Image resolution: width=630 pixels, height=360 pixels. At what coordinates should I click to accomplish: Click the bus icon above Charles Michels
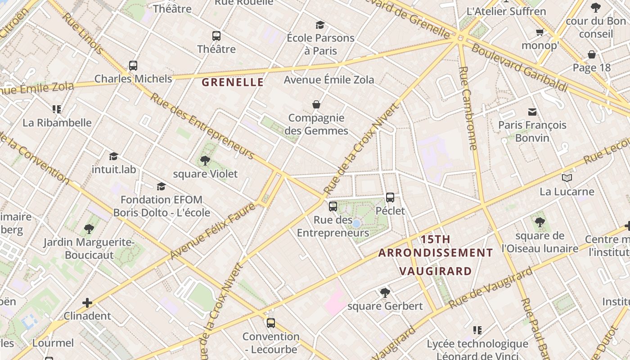point(133,66)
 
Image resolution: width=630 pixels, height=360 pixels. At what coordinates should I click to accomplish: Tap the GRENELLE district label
point(233,82)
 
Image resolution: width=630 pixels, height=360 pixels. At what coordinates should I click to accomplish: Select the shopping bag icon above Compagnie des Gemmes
point(316,105)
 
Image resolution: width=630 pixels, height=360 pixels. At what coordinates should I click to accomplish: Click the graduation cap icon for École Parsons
point(320,25)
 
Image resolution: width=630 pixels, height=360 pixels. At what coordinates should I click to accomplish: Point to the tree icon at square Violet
point(205,161)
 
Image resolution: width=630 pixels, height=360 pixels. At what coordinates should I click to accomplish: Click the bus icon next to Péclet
point(390,198)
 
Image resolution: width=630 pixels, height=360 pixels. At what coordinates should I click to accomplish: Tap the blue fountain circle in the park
point(356,224)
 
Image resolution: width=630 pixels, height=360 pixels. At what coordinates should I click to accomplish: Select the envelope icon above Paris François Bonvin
point(532,112)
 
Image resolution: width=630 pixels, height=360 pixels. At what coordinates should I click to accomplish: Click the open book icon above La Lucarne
point(567,178)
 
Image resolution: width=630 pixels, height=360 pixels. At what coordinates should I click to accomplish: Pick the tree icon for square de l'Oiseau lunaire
point(540,222)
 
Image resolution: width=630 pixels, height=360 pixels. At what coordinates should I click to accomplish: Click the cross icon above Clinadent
point(87,303)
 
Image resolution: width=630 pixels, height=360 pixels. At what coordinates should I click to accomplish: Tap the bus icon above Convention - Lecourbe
point(270,323)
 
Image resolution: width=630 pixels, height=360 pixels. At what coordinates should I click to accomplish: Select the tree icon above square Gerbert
point(385,293)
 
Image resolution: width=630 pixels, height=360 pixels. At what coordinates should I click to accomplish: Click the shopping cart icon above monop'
point(540,32)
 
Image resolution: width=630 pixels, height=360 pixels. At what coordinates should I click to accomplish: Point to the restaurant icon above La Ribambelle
point(57,109)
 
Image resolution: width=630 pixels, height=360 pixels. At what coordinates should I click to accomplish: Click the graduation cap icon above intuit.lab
point(113,156)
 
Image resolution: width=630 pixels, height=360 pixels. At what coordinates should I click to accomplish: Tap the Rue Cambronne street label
point(468,108)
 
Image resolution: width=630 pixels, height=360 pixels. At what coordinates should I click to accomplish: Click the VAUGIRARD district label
point(436,271)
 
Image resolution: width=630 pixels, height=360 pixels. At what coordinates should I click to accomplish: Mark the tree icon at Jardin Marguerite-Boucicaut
point(89,229)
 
